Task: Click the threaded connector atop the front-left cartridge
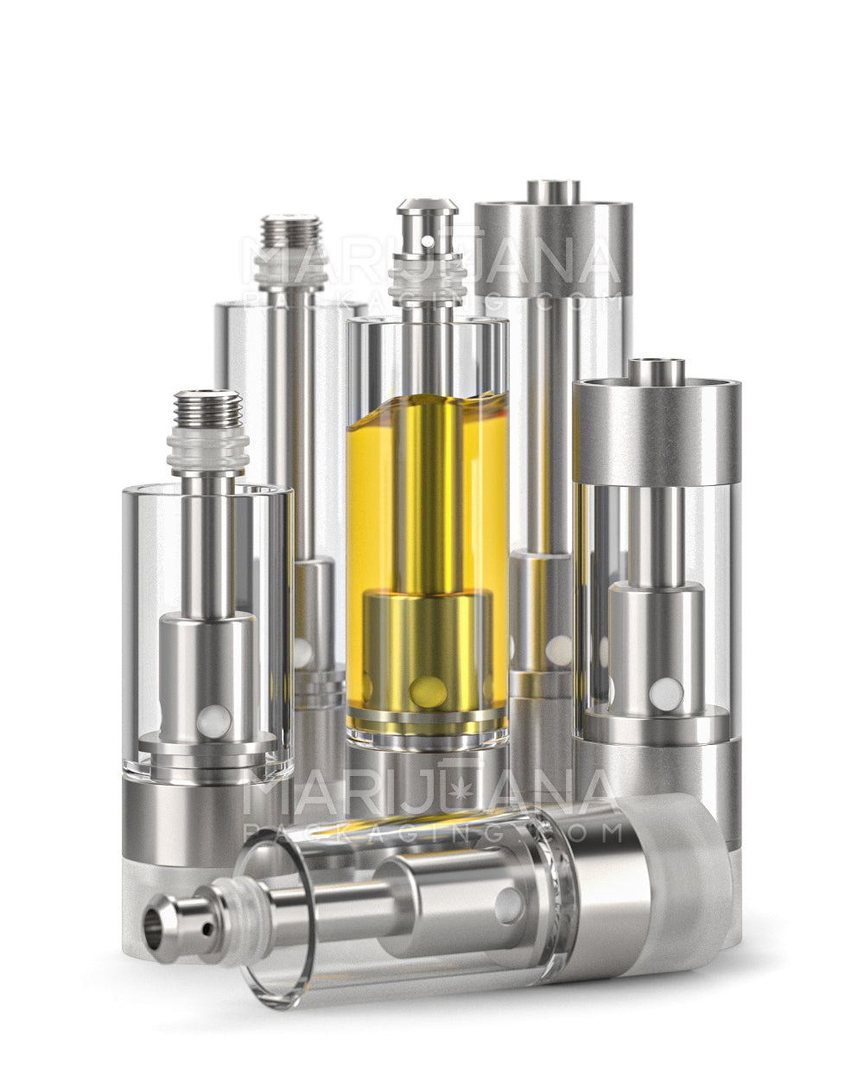pos(207,409)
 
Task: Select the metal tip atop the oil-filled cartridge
pos(427,220)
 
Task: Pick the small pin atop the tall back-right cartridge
pos(553,190)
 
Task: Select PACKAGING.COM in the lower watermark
pos(432,832)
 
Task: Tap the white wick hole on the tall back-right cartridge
pos(557,647)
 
